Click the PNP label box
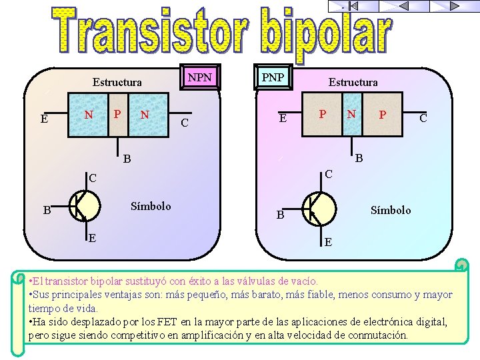272,77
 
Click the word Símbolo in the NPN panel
151,206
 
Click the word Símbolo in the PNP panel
391,210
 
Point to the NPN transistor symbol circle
85,206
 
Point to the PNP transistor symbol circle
319,209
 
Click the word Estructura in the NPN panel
117,83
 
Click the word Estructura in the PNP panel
353,83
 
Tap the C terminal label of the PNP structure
423,119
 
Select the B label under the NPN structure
126,160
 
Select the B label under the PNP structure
359,159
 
